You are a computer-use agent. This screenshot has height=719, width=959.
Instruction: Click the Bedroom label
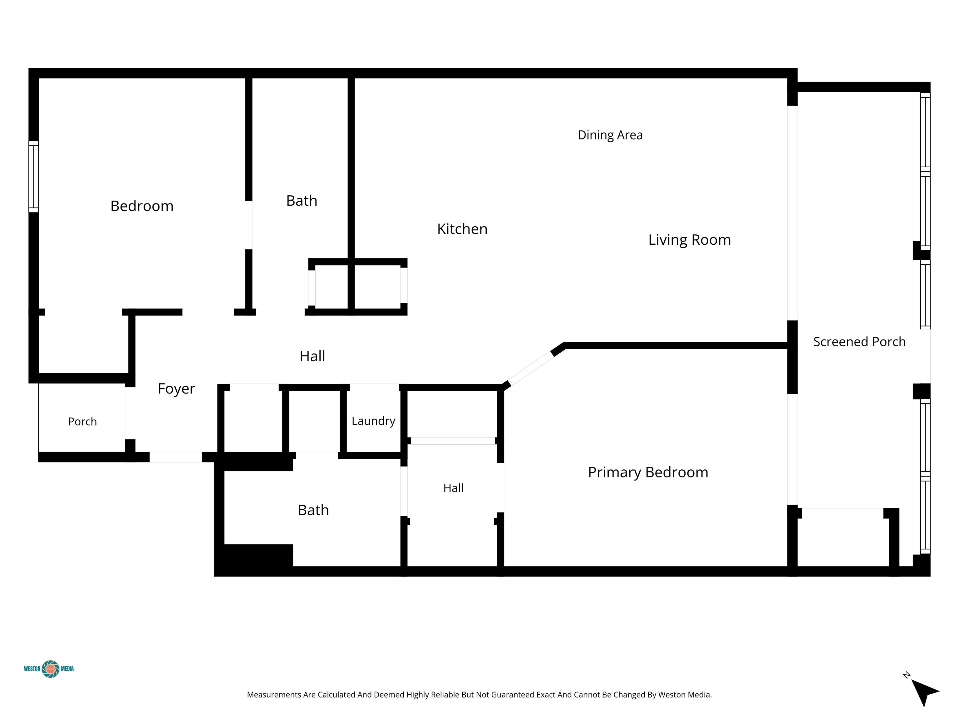coord(142,206)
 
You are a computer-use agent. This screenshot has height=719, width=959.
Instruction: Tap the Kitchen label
coord(462,229)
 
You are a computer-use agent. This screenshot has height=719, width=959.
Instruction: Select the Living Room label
coord(689,240)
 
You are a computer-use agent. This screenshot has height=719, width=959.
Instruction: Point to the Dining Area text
coord(610,135)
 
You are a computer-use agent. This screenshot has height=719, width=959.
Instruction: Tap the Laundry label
coord(373,421)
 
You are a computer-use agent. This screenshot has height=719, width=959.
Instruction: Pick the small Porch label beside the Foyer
coord(82,422)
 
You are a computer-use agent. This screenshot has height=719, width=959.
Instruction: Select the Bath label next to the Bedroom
coord(302,201)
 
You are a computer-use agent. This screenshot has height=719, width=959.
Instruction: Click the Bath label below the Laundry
coord(313,510)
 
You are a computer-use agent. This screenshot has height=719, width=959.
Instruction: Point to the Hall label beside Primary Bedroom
coord(454,488)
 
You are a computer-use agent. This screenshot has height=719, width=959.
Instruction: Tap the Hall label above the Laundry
coord(312,356)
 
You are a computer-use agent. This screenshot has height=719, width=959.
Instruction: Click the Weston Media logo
coord(49,669)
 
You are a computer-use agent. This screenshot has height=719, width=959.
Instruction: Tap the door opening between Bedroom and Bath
coord(249,225)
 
